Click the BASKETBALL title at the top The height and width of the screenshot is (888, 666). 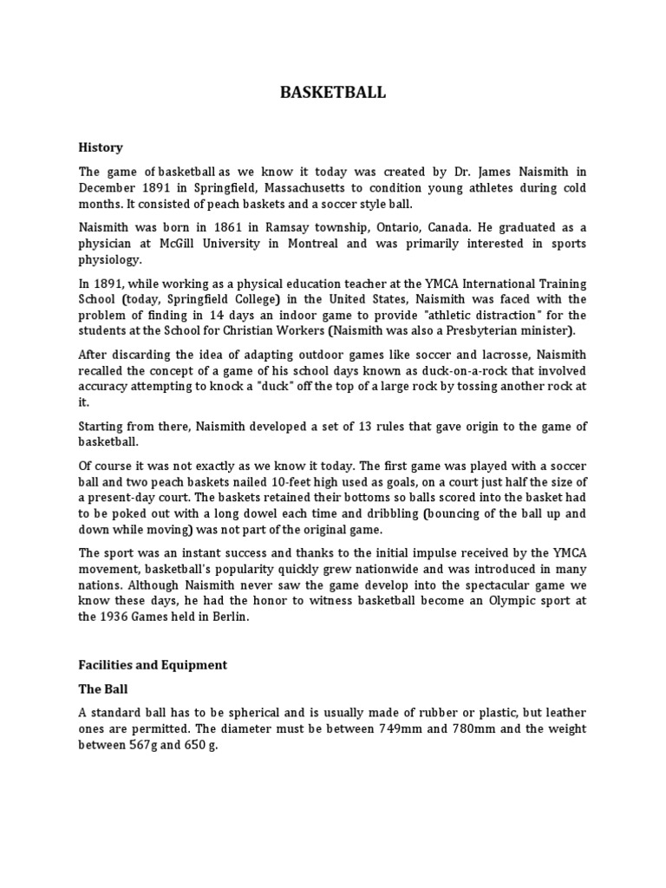(333, 93)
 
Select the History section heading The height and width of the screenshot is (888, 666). (101, 147)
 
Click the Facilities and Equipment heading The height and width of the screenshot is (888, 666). (153, 665)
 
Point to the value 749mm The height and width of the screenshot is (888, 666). (400, 729)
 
